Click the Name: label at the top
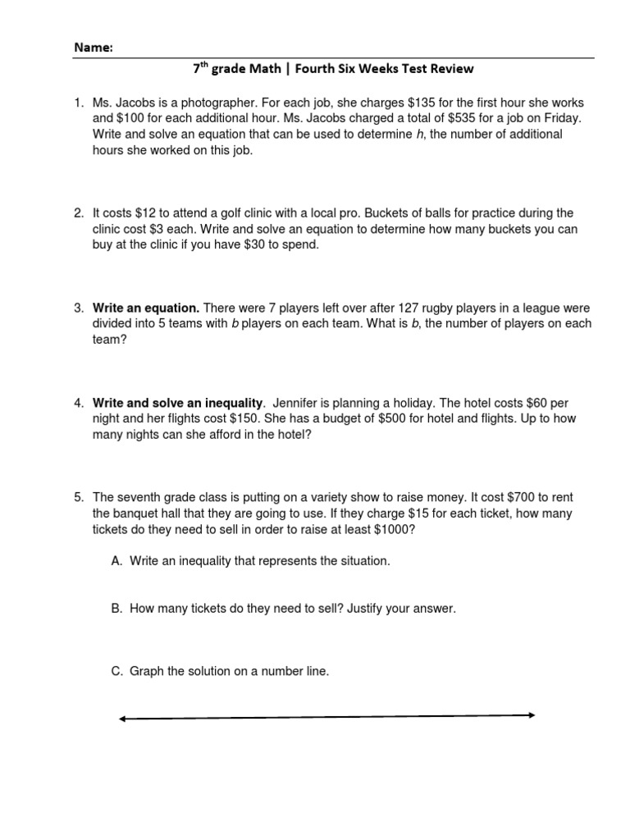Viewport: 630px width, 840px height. (x=94, y=48)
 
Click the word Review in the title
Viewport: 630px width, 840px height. (x=452, y=69)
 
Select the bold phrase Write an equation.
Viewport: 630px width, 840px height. (x=145, y=308)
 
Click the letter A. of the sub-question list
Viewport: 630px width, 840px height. (x=116, y=561)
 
